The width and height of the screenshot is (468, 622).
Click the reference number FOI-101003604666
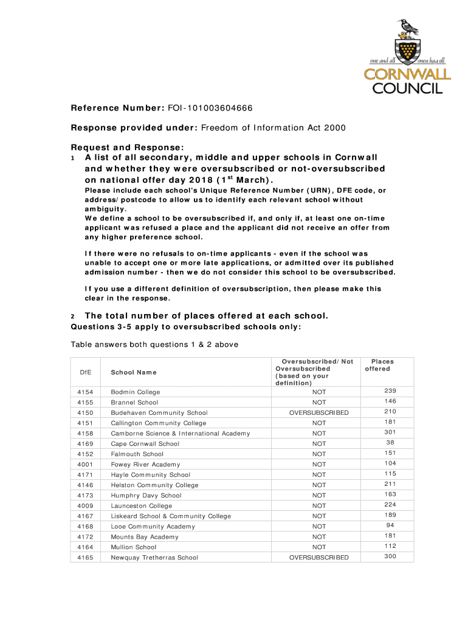click(x=210, y=109)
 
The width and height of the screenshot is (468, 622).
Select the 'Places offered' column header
click(x=382, y=365)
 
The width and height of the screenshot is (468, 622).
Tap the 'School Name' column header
click(x=133, y=372)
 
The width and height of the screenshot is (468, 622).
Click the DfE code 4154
click(x=85, y=392)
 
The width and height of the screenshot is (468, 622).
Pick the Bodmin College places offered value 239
click(x=390, y=391)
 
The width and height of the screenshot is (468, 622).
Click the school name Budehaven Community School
click(x=159, y=412)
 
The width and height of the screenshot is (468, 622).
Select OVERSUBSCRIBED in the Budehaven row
click(x=318, y=413)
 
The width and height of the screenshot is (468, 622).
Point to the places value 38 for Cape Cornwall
click(x=390, y=443)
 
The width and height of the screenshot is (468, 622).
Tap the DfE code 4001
click(x=85, y=464)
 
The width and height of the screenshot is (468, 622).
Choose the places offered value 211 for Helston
click(x=390, y=484)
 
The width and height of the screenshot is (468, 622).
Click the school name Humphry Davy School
click(x=146, y=495)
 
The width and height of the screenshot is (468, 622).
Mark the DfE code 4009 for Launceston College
click(x=85, y=505)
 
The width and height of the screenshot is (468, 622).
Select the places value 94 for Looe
click(x=390, y=525)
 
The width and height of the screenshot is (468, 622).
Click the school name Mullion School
click(x=133, y=547)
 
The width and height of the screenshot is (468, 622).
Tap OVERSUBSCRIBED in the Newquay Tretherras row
click(x=318, y=558)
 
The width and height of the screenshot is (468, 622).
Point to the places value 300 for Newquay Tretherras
click(x=390, y=556)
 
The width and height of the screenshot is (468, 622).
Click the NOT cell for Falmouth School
click(x=318, y=454)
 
